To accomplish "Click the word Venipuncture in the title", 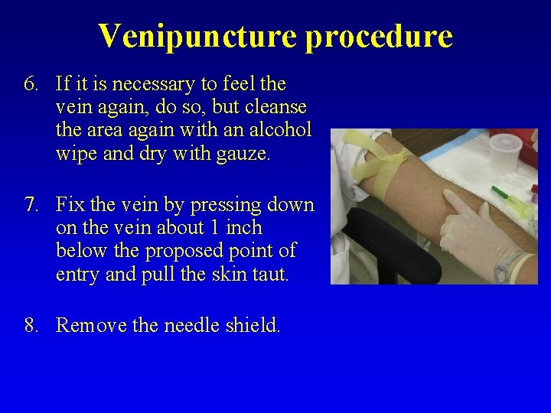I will tap(197, 36).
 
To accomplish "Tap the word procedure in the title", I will tap(379, 36).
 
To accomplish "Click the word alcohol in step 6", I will tap(279, 129).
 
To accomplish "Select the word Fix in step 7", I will tap(70, 205).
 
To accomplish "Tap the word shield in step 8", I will tap(253, 326).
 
